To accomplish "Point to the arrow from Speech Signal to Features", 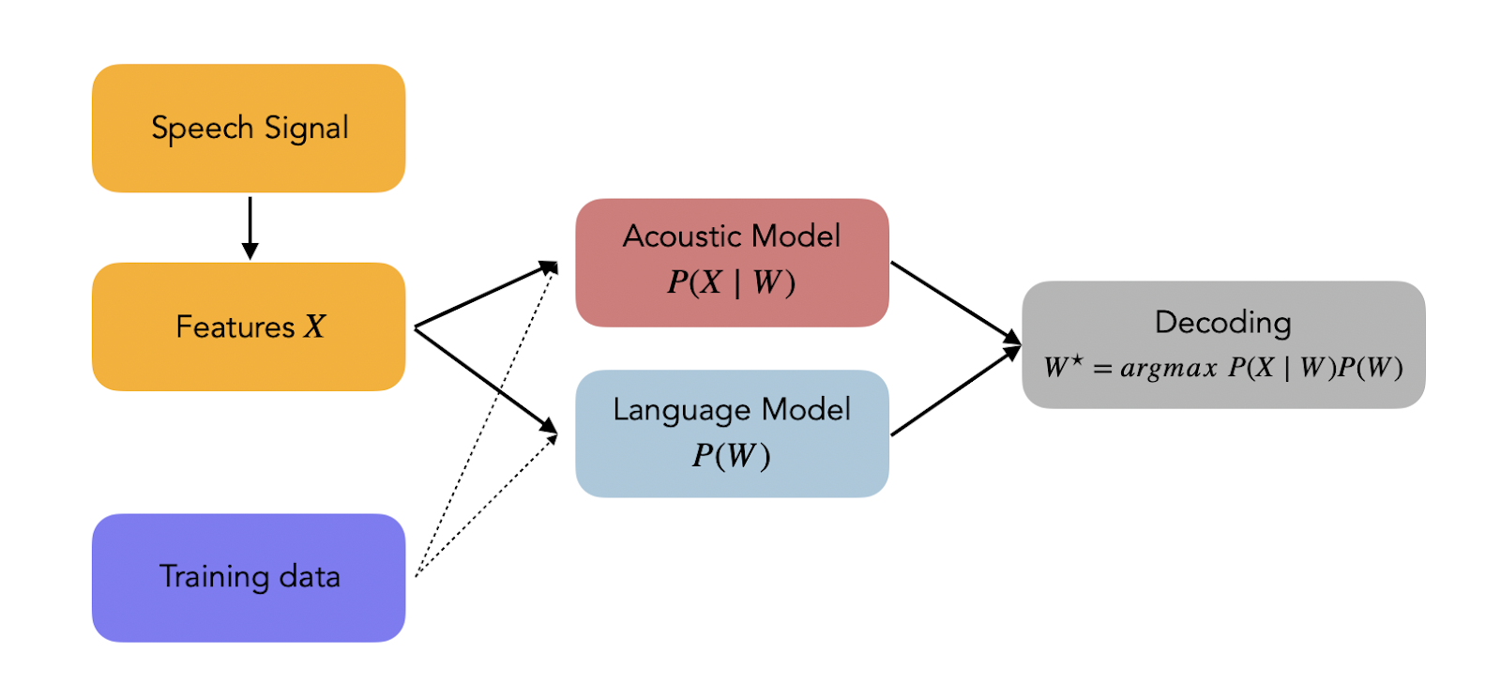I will [x=250, y=227].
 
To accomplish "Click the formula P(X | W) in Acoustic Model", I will [x=732, y=281].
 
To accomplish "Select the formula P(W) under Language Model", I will [x=732, y=455].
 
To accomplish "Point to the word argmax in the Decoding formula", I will [x=1168, y=368].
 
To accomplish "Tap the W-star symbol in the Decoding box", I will [x=1063, y=366].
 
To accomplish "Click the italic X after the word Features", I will [x=314, y=327].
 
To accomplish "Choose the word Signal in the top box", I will [x=307, y=129].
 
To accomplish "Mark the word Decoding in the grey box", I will [x=1223, y=323].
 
